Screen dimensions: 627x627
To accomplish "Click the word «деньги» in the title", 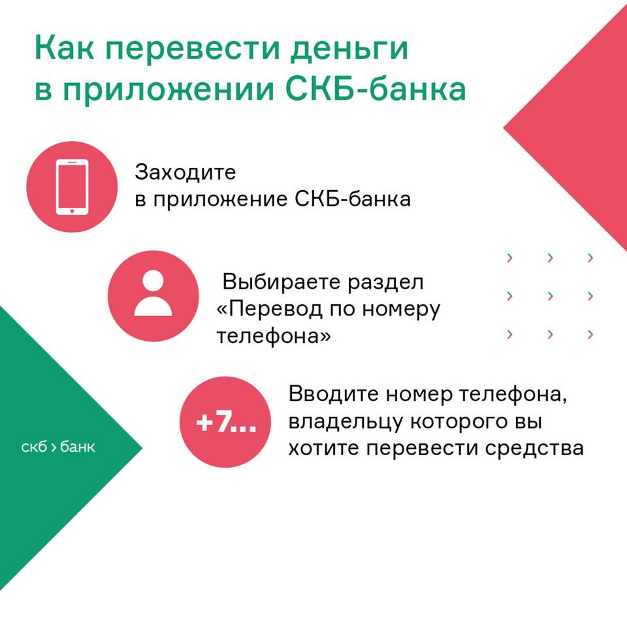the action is [x=349, y=50].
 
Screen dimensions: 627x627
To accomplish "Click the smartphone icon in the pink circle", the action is [x=72, y=187].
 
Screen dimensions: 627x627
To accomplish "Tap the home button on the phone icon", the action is [x=72, y=210].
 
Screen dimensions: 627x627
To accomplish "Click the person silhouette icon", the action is [x=153, y=293].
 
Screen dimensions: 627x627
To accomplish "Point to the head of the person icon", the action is [x=153, y=281].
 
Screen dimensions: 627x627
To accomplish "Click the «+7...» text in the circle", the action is [x=226, y=422].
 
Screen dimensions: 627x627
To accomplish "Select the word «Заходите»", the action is [x=185, y=172].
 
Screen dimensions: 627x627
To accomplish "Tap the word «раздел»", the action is [x=385, y=283].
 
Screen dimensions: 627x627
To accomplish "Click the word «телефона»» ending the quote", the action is [x=274, y=336].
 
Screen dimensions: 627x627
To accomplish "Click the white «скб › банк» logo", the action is [x=58, y=447].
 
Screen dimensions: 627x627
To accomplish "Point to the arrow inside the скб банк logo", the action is [x=54, y=447].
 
